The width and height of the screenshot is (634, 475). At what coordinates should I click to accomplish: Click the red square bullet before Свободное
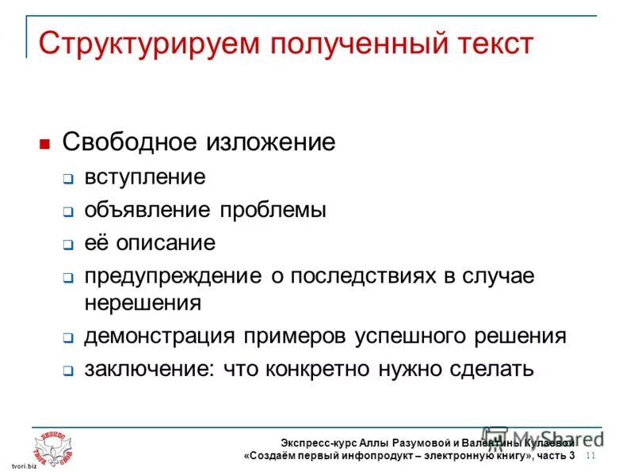(45, 145)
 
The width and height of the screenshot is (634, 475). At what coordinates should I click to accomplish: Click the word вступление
(145, 177)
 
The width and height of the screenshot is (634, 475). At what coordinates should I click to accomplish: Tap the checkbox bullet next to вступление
(68, 179)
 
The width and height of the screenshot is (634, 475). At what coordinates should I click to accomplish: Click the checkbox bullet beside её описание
(68, 245)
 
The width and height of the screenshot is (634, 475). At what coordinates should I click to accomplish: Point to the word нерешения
(143, 302)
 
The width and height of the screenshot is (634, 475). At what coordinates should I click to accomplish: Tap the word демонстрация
(160, 336)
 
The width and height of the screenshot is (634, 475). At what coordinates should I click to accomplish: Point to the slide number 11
(590, 456)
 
